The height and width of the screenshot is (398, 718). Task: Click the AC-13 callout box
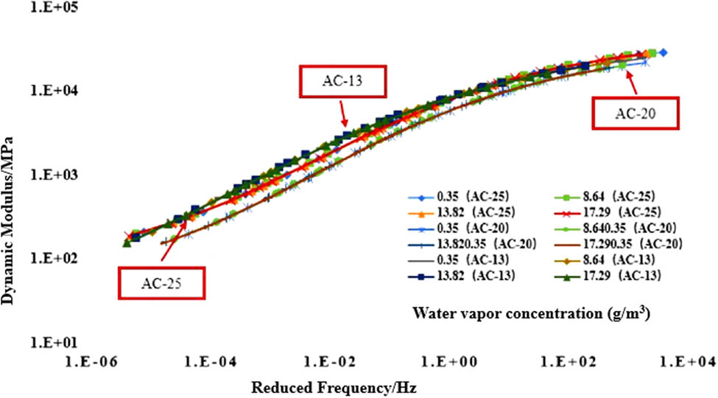[x=341, y=82]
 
